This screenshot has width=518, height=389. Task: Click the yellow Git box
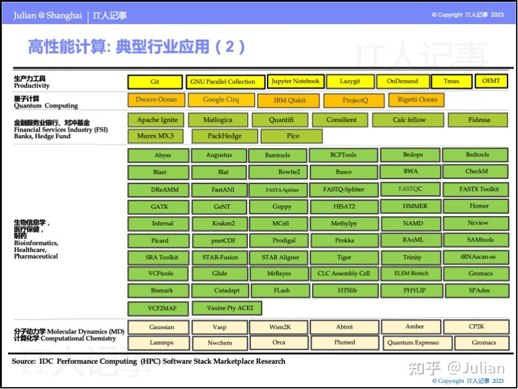[155, 81]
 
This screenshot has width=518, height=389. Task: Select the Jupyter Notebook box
[295, 81]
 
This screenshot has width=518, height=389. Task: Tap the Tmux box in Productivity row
[451, 81]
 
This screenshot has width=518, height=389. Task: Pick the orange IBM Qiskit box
[289, 100]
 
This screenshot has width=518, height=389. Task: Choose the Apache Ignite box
[157, 120]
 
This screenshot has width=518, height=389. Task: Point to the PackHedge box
[225, 136]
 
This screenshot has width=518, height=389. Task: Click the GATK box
[159, 206]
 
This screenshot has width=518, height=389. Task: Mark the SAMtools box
[480, 240]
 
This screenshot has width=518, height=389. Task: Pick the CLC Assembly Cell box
[343, 273]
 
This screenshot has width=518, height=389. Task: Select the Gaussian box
[161, 327]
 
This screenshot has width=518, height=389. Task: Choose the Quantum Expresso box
[413, 343]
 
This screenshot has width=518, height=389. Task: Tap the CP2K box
[481, 326]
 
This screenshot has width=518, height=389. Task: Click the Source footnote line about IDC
[149, 361]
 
